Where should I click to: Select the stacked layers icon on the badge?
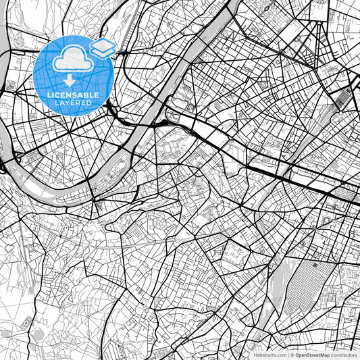point(101,47)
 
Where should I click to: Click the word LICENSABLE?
point(74,95)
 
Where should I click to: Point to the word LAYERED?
point(74,103)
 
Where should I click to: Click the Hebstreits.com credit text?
point(270,355)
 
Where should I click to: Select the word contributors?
point(344,355)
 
